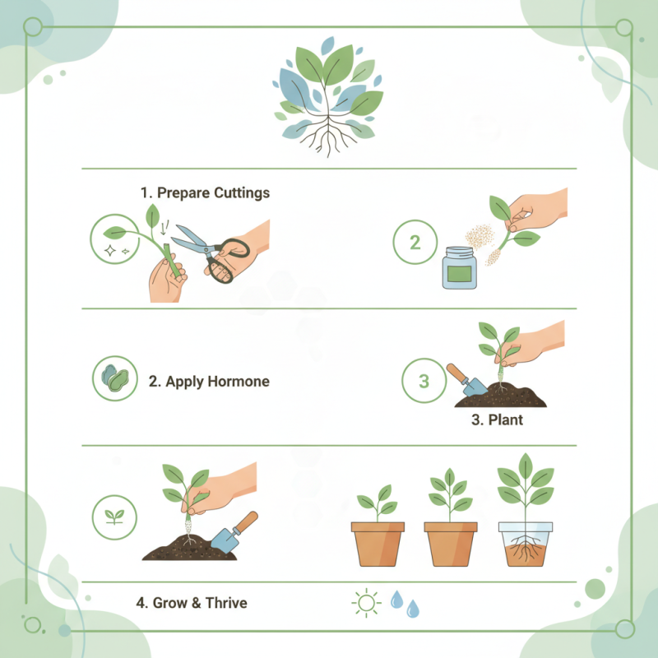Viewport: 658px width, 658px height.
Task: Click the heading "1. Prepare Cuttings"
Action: [x=205, y=192]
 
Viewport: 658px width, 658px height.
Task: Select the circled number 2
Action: [x=415, y=242]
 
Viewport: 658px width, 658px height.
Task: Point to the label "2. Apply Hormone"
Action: [x=209, y=382]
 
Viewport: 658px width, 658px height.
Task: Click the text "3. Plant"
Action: [x=497, y=420]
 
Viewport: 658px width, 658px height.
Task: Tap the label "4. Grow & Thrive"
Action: [x=191, y=603]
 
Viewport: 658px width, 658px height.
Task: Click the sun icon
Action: [x=365, y=603]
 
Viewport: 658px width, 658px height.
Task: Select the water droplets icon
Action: [x=404, y=603]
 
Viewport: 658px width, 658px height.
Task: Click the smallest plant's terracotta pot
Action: [x=378, y=543]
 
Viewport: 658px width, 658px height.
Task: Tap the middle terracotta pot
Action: [x=450, y=543]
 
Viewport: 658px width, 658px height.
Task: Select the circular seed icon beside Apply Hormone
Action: [x=114, y=379]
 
